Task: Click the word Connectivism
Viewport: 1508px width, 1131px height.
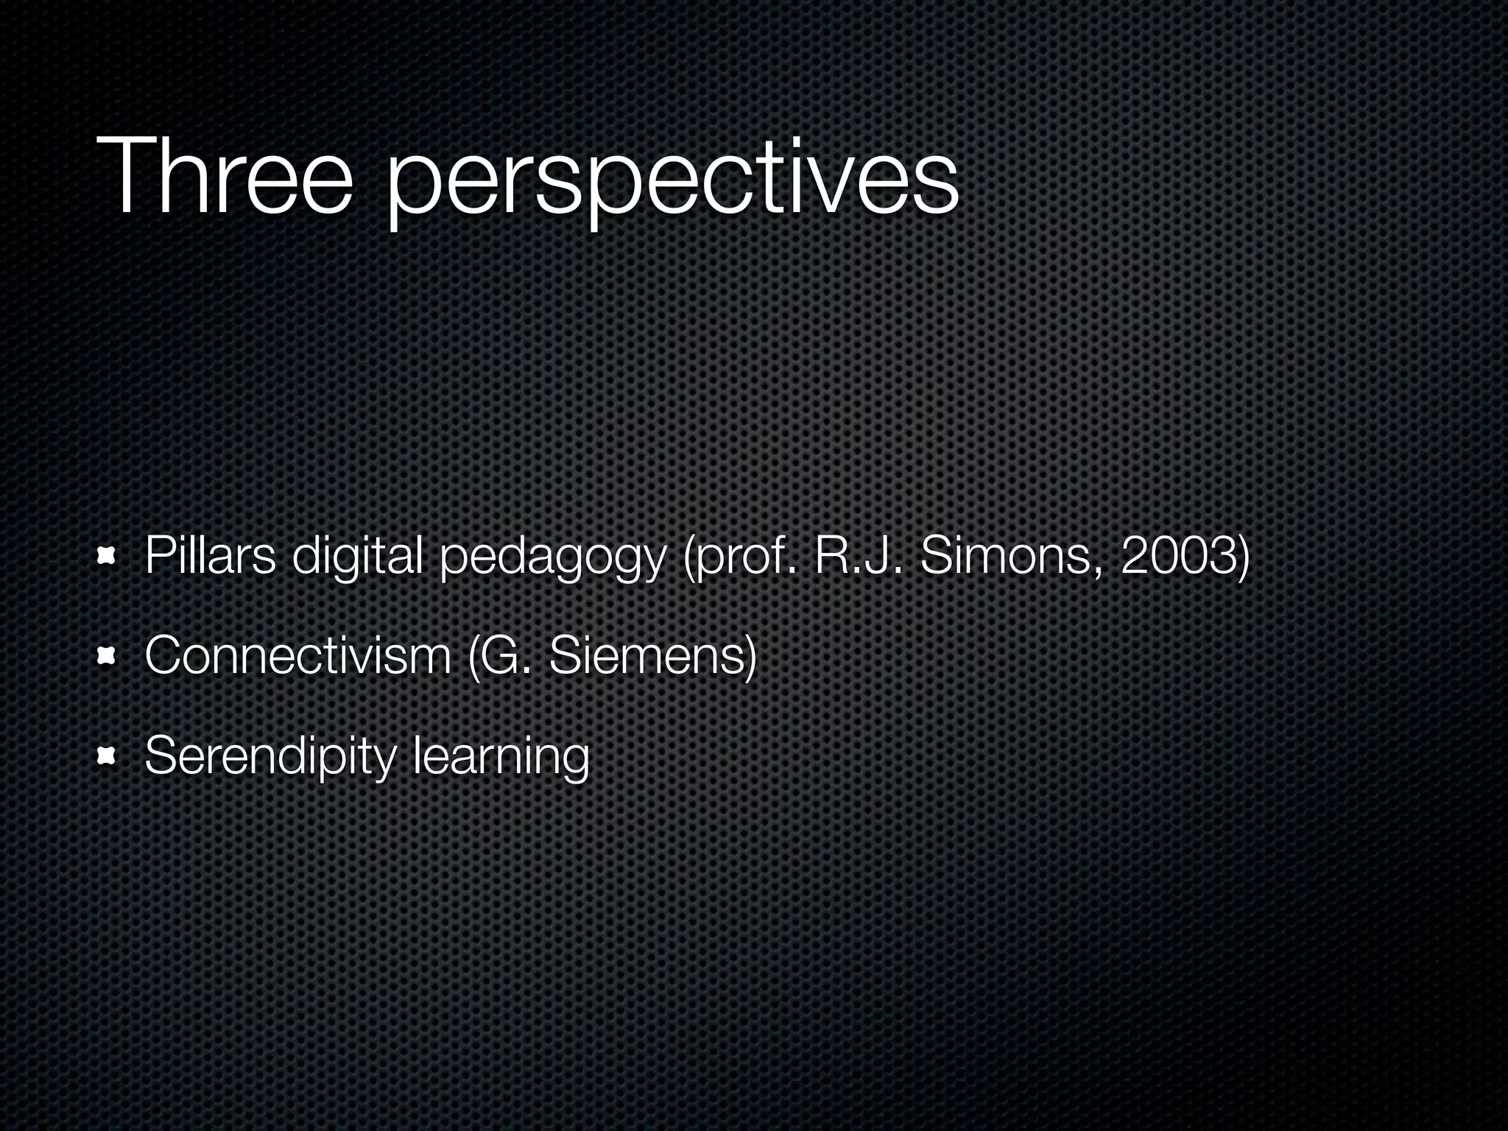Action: click(298, 655)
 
